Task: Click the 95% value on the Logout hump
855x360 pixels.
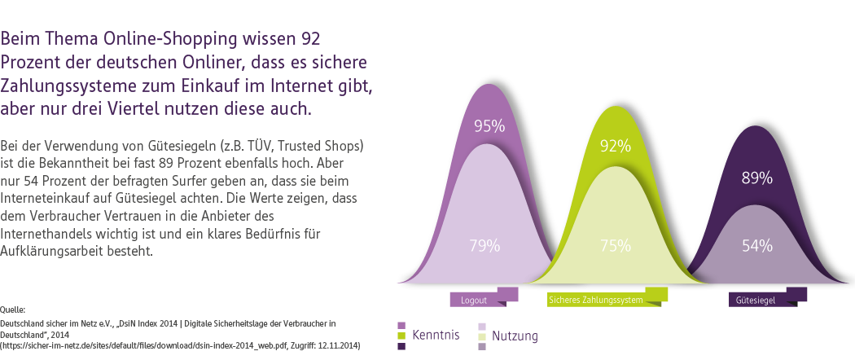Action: [489, 126]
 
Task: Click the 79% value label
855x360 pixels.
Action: [484, 245]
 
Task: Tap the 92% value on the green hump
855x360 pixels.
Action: [616, 147]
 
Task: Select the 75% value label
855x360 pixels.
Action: [616, 245]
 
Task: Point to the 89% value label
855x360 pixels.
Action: [756, 178]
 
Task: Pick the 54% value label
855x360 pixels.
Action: [756, 245]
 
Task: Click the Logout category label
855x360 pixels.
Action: [474, 300]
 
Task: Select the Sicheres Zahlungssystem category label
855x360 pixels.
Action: [596, 300]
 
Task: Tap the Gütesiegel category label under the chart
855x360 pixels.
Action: [755, 300]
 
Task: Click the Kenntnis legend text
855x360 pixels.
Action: [436, 335]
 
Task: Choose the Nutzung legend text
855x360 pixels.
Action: [515, 336]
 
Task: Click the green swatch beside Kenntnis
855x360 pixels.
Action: [401, 336]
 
